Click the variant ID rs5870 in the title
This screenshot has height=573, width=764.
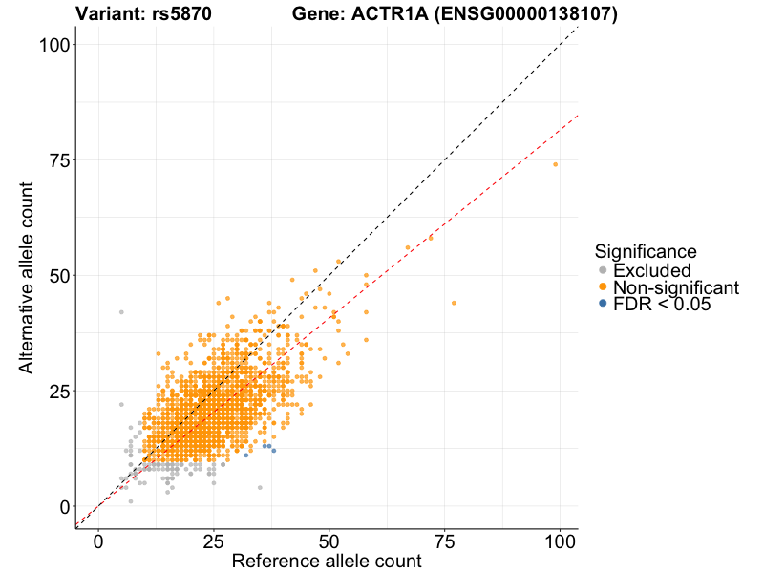point(181,14)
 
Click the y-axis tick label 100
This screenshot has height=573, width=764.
point(51,45)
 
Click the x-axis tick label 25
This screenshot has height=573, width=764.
point(214,540)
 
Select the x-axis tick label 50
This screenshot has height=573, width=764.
point(329,540)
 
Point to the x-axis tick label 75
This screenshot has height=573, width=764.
point(445,540)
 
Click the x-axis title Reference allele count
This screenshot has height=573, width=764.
point(327,562)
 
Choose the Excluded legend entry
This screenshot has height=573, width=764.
point(651,271)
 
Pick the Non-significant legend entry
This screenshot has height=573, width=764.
point(675,287)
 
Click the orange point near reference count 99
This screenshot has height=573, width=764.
point(555,164)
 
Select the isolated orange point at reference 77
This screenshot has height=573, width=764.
point(454,303)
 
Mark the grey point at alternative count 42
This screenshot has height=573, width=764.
point(121,312)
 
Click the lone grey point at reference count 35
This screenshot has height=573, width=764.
point(260,487)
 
